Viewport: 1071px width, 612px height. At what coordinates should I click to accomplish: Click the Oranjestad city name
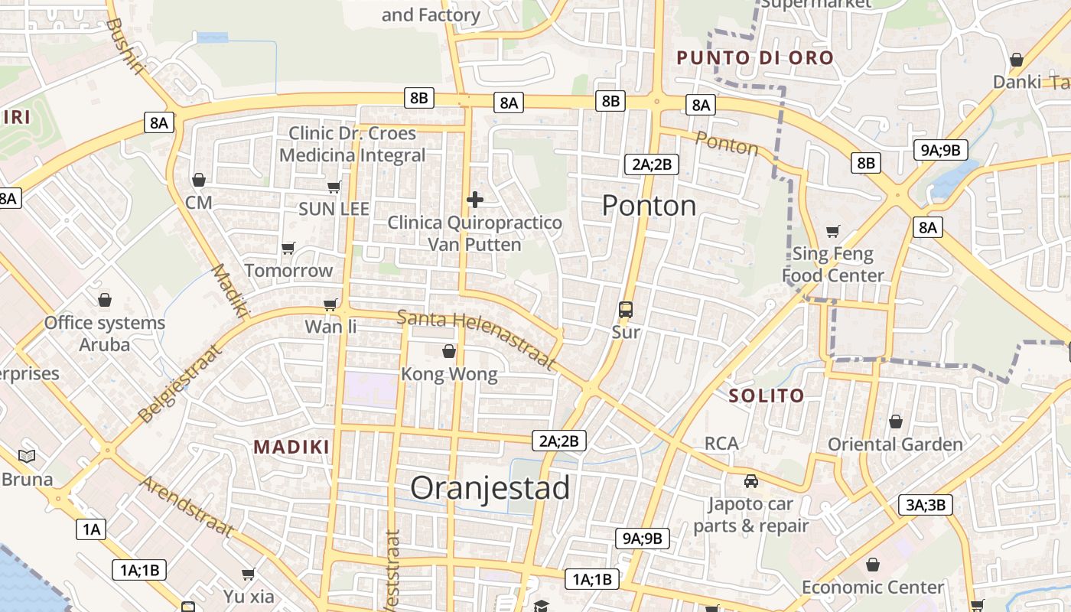point(490,488)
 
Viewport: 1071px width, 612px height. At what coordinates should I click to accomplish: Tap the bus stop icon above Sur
point(626,310)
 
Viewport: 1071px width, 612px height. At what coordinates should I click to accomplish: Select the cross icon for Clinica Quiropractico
point(475,200)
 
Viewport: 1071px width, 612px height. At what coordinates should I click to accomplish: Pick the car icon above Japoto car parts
point(751,481)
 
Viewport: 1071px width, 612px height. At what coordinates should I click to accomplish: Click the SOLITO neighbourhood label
point(766,396)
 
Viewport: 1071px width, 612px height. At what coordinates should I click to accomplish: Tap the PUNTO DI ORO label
point(754,57)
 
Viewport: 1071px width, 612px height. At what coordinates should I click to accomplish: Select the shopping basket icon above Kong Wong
point(449,351)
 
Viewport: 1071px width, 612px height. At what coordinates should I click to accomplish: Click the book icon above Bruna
point(27,457)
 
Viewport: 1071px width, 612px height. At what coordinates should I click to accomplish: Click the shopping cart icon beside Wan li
point(330,304)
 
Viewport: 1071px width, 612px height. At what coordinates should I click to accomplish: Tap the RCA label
point(721,444)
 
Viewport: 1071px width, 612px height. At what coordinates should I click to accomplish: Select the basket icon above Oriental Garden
point(896,422)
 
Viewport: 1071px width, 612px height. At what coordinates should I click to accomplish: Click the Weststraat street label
point(392,570)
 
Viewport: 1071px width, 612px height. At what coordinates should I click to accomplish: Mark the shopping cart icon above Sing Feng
point(833,231)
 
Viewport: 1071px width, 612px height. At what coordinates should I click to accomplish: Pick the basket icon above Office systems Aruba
point(104,299)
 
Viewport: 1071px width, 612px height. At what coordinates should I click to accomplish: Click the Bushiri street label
point(124,46)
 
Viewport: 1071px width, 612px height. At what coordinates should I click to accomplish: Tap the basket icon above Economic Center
point(873,565)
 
